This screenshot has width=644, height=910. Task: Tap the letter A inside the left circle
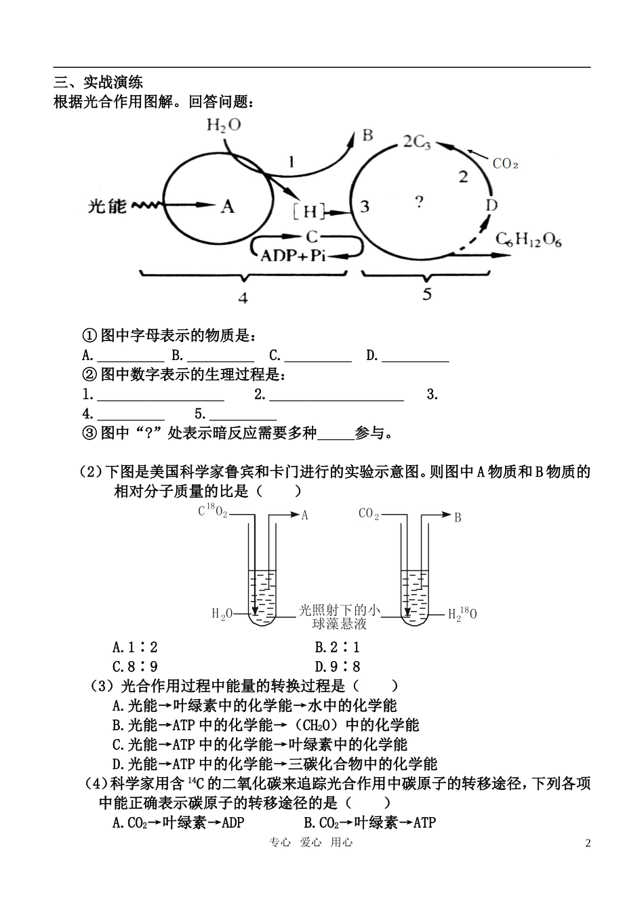(228, 205)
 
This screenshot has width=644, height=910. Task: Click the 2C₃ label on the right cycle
(416, 142)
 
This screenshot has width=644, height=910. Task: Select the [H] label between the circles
(310, 212)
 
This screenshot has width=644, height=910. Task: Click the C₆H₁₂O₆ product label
(529, 239)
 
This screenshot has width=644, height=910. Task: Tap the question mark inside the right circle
(419, 201)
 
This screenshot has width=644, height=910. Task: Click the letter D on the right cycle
(492, 205)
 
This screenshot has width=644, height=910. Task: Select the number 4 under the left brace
(242, 297)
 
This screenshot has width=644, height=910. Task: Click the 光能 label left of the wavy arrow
(108, 205)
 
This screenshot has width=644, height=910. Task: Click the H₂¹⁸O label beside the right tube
(462, 614)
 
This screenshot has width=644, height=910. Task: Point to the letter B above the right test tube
(458, 517)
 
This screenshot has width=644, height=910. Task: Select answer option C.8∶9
(136, 667)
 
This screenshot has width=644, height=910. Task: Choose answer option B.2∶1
(338, 648)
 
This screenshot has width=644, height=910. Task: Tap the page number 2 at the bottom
(588, 844)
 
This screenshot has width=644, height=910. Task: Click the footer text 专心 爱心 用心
(311, 842)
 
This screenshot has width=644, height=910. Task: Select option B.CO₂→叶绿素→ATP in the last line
(369, 823)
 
